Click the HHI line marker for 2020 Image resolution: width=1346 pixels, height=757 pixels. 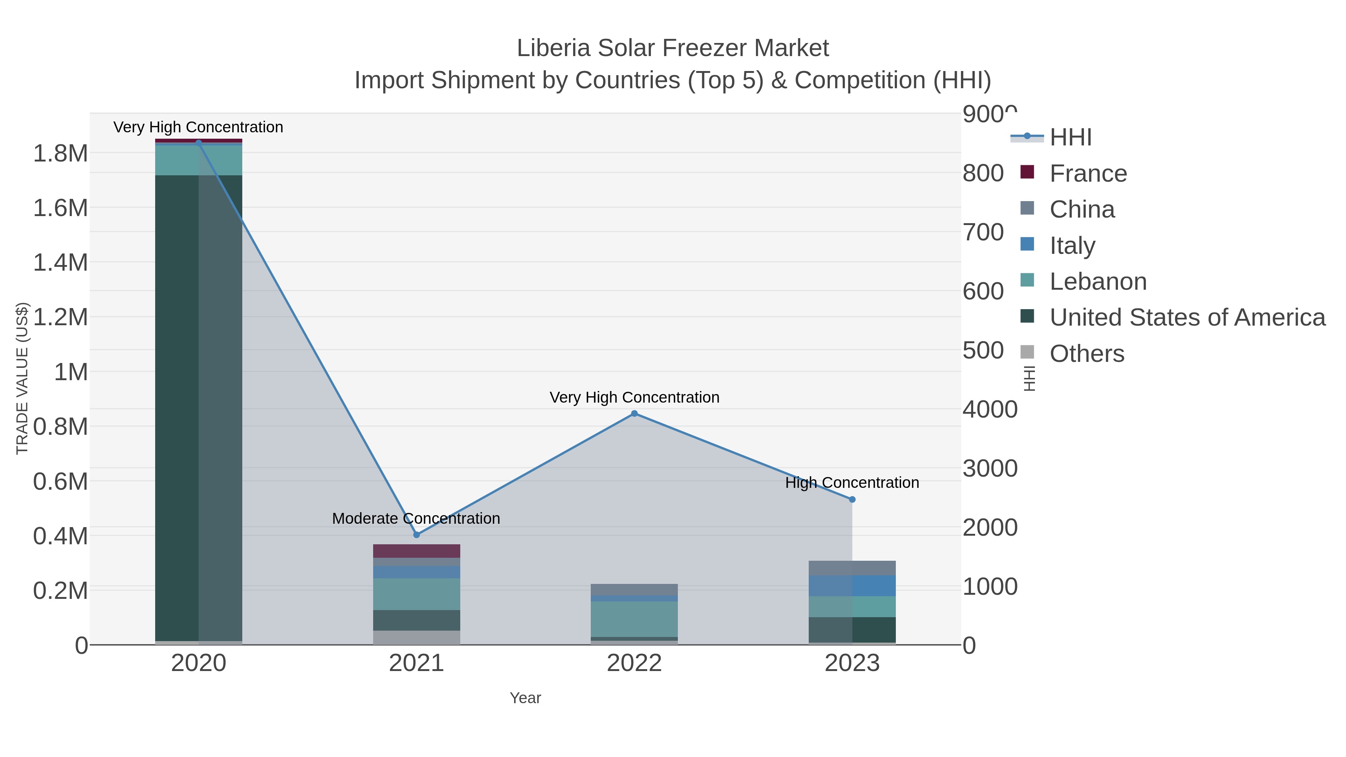[x=199, y=143]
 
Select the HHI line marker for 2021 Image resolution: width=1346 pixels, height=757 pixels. [x=417, y=535]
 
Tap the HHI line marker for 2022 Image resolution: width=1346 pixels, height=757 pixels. [x=634, y=413]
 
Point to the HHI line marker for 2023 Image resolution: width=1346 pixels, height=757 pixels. [x=852, y=499]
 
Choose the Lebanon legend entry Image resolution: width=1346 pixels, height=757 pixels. [x=1098, y=281]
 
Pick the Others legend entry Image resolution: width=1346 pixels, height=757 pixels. [x=1086, y=354]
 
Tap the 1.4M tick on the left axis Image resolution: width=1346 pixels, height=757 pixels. [x=61, y=262]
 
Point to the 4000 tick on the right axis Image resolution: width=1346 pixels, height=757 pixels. [x=990, y=410]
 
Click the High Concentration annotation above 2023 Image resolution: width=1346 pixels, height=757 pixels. [x=852, y=482]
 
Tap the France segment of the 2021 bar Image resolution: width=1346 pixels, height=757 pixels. [x=417, y=551]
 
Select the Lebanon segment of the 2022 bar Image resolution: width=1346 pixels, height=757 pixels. [x=634, y=619]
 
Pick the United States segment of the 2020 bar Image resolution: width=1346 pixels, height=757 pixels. [x=199, y=407]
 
